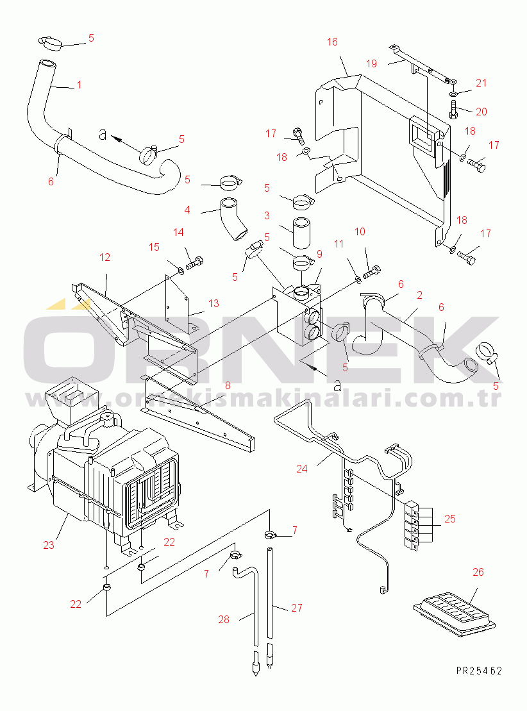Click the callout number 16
click(x=331, y=42)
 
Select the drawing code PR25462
click(x=479, y=671)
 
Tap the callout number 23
click(x=49, y=546)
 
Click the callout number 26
click(x=478, y=572)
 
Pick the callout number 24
click(x=301, y=469)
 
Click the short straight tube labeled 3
click(x=301, y=235)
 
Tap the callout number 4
click(x=187, y=210)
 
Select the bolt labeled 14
click(x=195, y=262)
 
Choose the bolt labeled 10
click(x=372, y=272)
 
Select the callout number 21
click(x=481, y=83)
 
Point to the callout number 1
click(x=79, y=84)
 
